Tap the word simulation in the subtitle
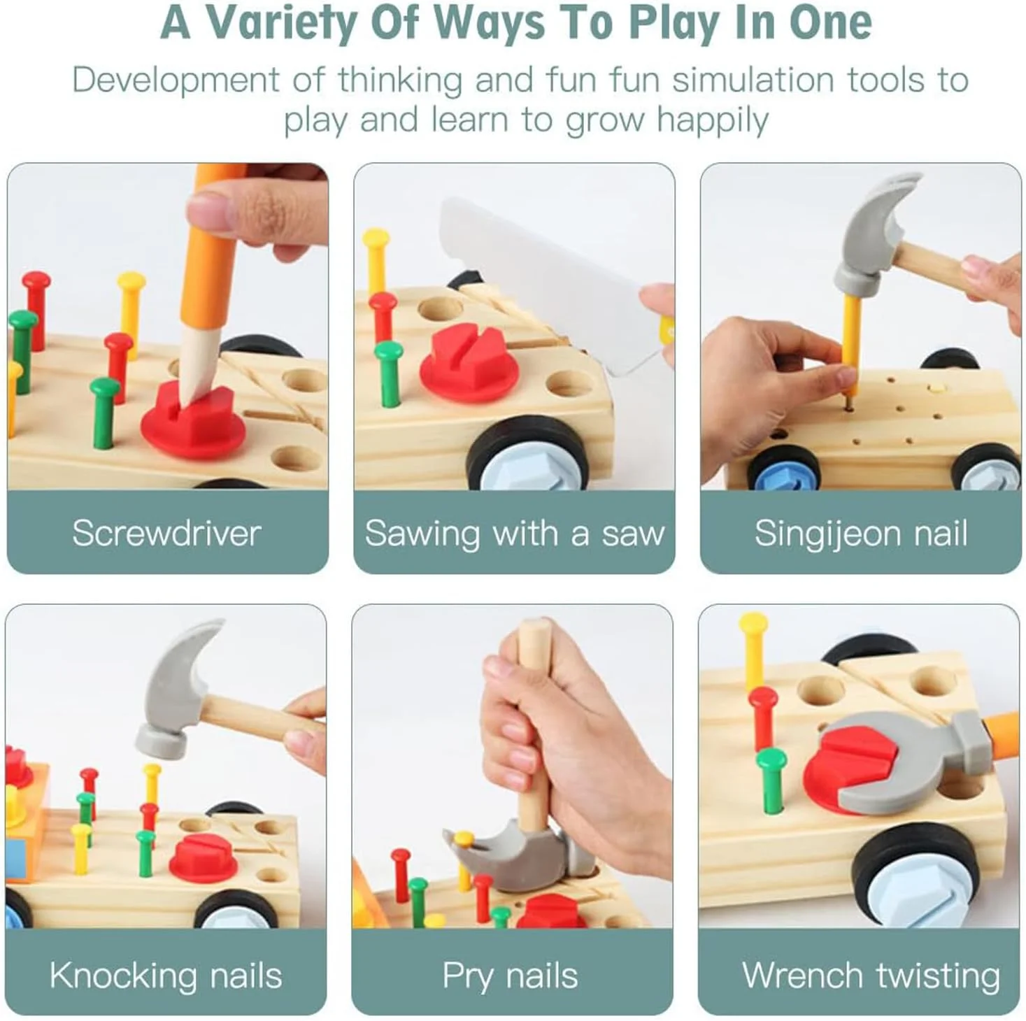(753, 80)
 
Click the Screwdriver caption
(166, 533)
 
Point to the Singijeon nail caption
(860, 534)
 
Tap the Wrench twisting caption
(871, 976)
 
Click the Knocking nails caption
(166, 976)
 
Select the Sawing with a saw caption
(514, 534)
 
